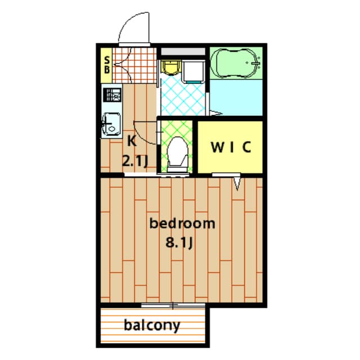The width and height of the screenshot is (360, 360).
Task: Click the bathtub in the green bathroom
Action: click(236, 63)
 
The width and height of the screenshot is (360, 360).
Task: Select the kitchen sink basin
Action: click(112, 124)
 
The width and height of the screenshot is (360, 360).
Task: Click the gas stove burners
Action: click(112, 95)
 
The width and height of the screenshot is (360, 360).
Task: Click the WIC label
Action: click(231, 147)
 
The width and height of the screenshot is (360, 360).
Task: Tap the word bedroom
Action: click(182, 223)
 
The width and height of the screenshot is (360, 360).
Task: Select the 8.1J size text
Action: click(179, 242)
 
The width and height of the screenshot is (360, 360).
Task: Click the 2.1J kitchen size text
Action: click(135, 161)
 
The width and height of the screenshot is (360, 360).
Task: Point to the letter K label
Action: click(132, 141)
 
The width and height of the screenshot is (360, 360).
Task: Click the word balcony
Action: click(152, 326)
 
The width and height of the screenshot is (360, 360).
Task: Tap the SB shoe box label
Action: click(107, 65)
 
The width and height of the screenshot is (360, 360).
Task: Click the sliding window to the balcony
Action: click(173, 305)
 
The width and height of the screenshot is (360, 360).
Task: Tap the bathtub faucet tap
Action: click(255, 62)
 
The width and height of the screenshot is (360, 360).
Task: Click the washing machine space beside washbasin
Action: click(193, 71)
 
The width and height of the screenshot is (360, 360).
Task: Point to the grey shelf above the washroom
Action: click(183, 51)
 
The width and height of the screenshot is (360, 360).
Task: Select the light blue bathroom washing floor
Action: click(236, 97)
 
